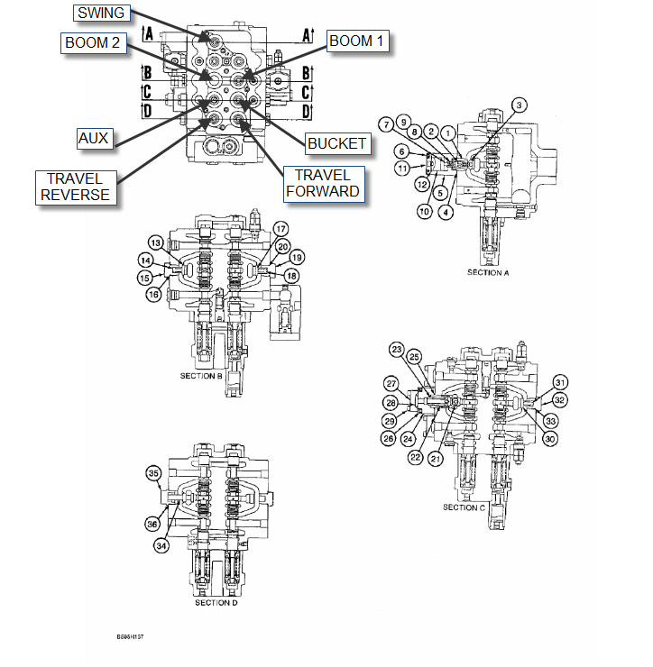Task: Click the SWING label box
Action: [102, 13]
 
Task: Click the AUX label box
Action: [93, 138]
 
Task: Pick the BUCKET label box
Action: [336, 142]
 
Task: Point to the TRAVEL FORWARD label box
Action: [322, 183]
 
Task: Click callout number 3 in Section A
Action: [519, 105]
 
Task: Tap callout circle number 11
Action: [401, 168]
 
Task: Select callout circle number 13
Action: [155, 243]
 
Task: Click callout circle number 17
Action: [281, 228]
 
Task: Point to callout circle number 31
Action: [560, 381]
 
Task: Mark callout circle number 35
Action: [153, 473]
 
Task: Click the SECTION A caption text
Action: [489, 271]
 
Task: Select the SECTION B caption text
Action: [201, 376]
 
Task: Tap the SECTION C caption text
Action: [464, 507]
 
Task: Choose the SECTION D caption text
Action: [216, 602]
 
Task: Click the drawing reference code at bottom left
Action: [130, 636]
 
